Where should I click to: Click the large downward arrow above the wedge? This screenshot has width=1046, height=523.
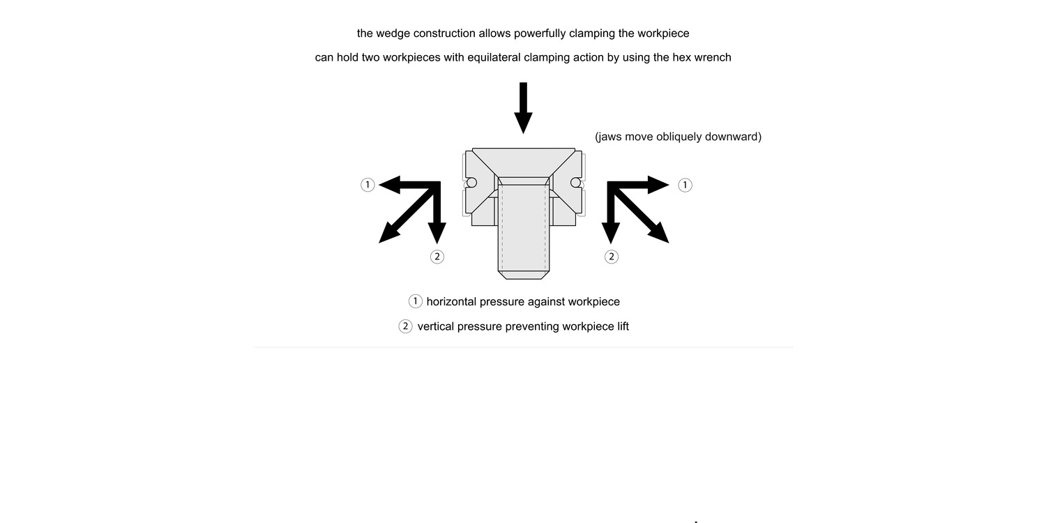click(522, 108)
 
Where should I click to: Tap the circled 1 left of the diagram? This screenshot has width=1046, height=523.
click(367, 185)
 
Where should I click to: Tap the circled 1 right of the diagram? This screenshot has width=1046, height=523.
click(685, 185)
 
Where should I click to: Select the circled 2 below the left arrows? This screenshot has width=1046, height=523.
click(437, 257)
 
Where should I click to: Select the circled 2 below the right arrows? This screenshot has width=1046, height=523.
click(611, 257)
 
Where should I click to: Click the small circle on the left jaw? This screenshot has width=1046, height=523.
click(471, 183)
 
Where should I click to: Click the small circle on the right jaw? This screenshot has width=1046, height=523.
click(575, 183)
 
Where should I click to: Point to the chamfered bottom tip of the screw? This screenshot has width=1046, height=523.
click(523, 275)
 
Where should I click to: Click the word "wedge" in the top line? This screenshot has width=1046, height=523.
click(394, 33)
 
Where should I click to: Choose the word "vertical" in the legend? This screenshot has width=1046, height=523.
click(438, 326)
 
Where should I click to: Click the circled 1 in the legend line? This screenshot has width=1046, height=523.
click(415, 301)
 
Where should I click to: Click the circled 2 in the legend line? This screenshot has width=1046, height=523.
click(405, 326)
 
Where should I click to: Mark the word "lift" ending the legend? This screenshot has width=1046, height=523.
click(621, 326)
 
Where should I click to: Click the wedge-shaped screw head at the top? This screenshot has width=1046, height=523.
click(523, 162)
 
